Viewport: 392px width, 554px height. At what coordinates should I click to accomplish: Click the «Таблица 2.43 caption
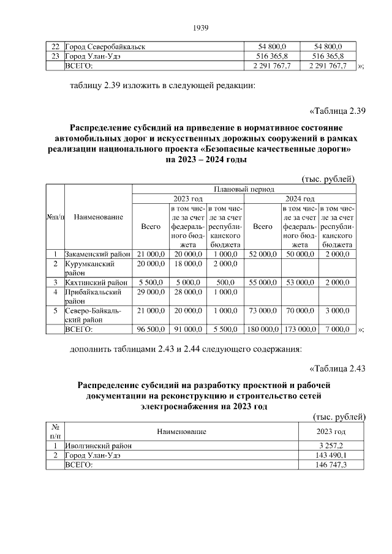tap(337, 368)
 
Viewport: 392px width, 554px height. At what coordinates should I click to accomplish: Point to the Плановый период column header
tap(243, 189)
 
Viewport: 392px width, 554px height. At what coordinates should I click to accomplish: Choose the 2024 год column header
tap(300, 198)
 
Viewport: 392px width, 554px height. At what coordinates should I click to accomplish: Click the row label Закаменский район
tap(96, 253)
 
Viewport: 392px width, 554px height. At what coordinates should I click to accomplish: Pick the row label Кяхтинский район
tap(96, 282)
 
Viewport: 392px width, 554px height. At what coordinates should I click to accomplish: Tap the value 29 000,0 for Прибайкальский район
tap(150, 292)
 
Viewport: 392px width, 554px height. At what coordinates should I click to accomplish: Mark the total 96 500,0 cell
tap(150, 329)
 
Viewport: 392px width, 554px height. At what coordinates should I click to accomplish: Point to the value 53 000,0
tap(300, 282)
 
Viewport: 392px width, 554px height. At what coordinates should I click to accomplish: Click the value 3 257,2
tap(330, 446)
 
